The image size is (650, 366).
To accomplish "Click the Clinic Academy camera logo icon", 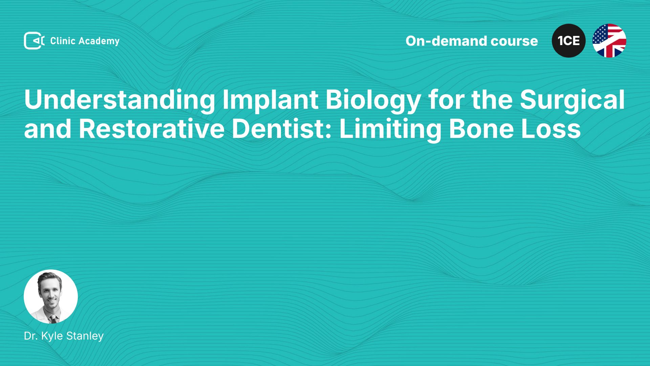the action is click(34, 41).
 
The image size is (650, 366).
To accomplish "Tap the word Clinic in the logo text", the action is click(63, 41).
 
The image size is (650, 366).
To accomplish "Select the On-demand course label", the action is click(472, 41).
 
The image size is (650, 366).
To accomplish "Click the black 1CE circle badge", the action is click(569, 41).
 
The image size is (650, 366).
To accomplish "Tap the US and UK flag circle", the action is click(609, 41).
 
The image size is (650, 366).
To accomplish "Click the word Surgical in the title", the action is click(572, 100).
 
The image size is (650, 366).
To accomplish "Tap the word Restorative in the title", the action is click(152, 129).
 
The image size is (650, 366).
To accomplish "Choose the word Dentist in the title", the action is click(282, 129).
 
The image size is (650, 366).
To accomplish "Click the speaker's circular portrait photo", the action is click(51, 297).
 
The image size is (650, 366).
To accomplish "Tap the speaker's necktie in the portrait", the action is click(53, 319).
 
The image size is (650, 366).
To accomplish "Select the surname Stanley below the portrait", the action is click(85, 336).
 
